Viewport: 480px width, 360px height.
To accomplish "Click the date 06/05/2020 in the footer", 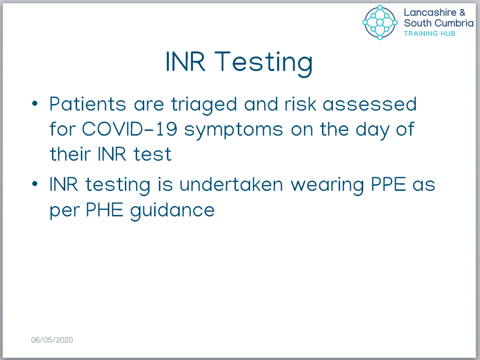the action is (52, 340).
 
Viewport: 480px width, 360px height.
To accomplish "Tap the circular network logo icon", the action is (380, 22).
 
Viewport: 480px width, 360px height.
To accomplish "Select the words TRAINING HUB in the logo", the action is (429, 34).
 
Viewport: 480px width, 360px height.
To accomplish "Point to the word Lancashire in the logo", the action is (430, 12).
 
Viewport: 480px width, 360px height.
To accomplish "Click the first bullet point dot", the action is (35, 103).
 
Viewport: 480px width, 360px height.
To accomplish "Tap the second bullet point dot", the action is (35, 184).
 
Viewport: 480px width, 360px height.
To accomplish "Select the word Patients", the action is (88, 104).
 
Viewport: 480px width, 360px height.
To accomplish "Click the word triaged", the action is (204, 105).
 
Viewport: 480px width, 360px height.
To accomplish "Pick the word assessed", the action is (369, 104).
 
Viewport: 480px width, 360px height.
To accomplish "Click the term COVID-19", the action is (130, 129).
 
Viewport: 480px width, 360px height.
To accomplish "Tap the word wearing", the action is (327, 186).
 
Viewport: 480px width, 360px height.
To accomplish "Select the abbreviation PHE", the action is (105, 210).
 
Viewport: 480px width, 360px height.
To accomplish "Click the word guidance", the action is (172, 211).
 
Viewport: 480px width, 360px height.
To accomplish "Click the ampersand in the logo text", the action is (462, 13).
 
